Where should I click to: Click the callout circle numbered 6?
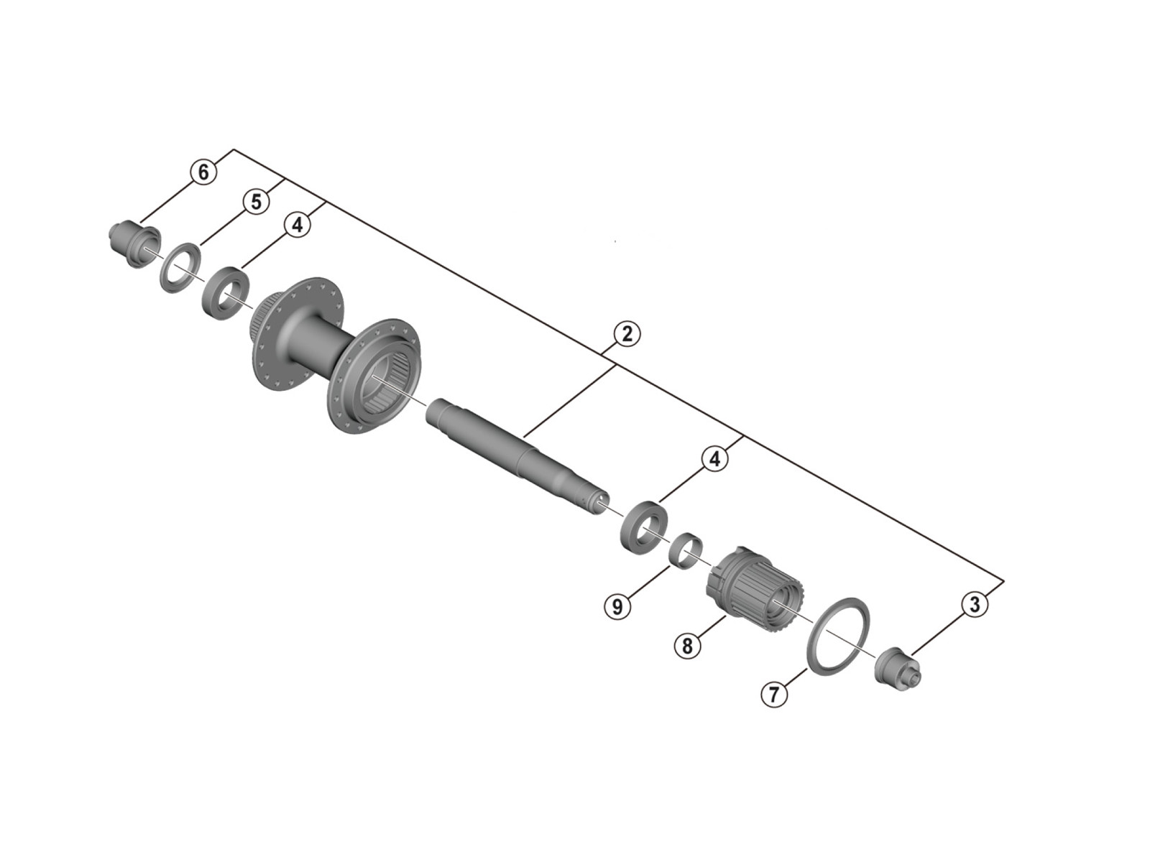203,172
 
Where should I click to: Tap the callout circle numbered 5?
256,202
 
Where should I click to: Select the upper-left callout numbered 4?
297,225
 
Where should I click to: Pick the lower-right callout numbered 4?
714,459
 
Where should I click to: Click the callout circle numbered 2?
627,333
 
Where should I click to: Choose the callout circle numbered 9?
617,606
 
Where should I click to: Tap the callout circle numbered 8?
687,645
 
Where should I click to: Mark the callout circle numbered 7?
774,695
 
